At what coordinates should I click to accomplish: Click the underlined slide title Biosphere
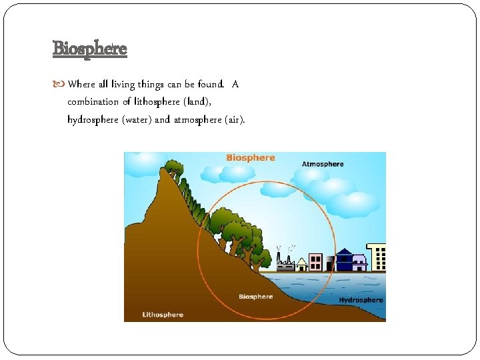89,49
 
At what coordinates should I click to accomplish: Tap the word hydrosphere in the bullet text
93,120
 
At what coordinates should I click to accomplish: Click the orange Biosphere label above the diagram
250,158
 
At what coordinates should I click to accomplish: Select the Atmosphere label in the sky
323,164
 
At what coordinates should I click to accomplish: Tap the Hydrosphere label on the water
361,300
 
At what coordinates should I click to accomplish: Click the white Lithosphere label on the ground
163,315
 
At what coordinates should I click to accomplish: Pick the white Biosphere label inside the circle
256,297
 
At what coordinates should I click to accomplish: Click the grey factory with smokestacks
285,263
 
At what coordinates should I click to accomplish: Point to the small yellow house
302,265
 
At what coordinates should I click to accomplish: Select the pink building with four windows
316,262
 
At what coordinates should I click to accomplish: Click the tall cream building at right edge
377,257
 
